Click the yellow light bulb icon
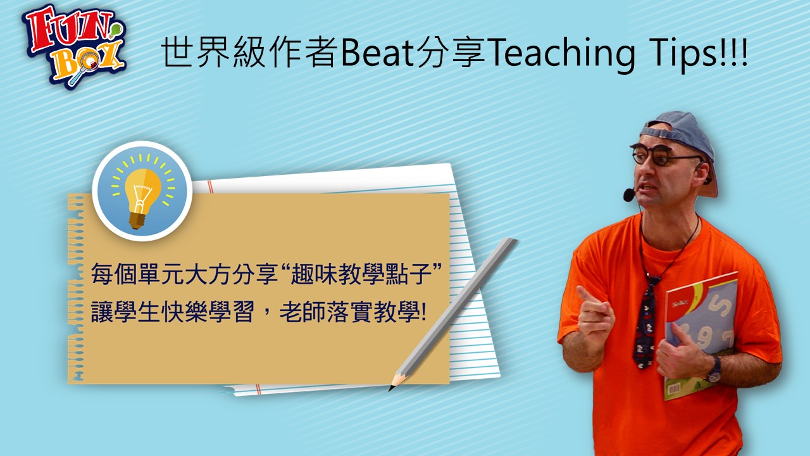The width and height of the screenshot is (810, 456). [x=142, y=191]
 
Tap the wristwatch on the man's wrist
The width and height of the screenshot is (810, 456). [x=714, y=370]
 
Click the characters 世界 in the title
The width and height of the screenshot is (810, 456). [x=196, y=52]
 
